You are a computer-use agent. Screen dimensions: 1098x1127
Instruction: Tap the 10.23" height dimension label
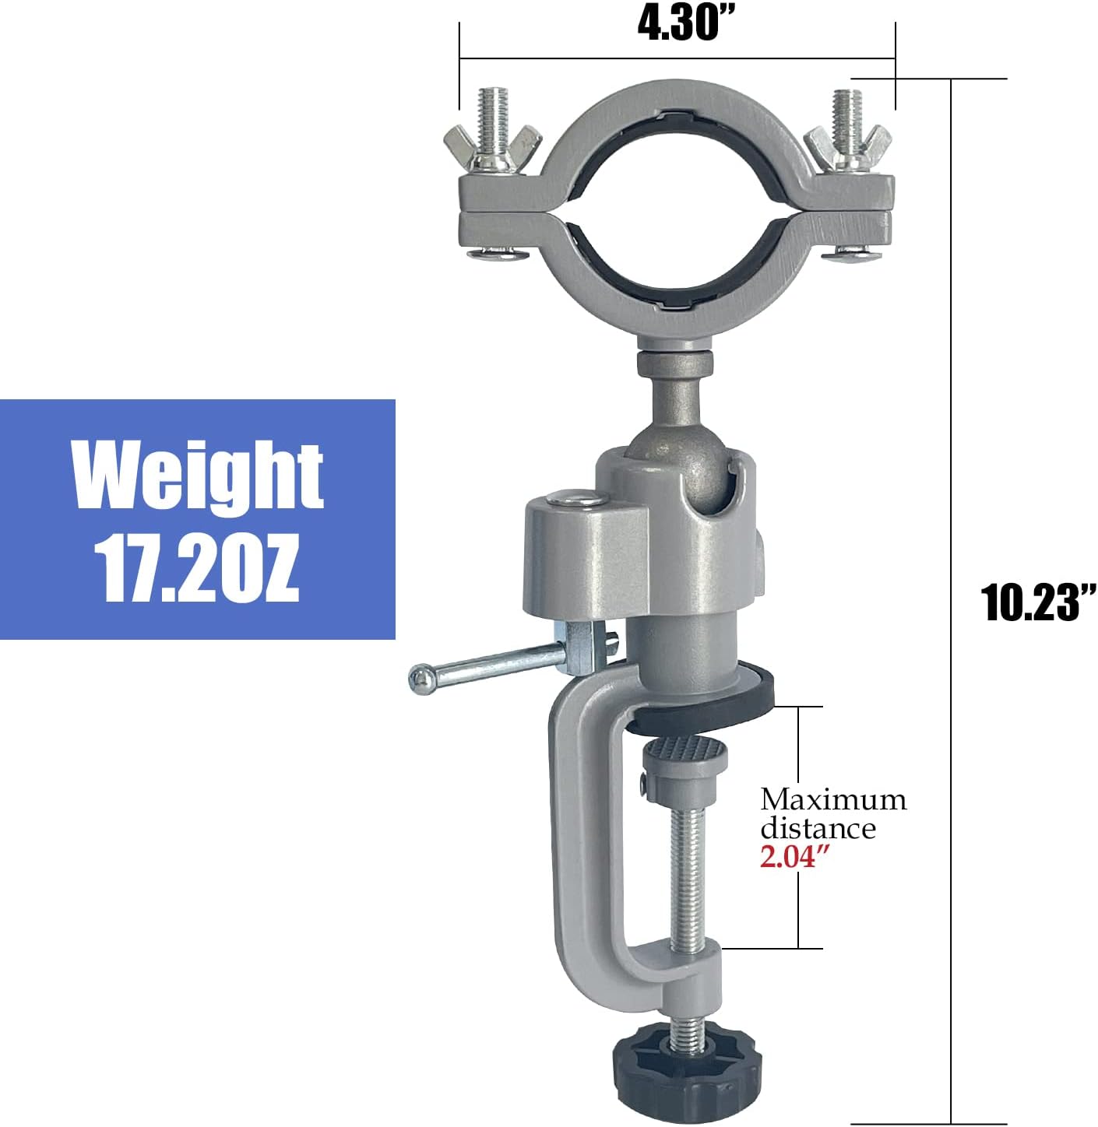[1038, 602]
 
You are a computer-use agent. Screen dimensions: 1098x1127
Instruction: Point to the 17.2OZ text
[197, 568]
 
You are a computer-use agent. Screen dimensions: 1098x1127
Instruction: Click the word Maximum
[833, 800]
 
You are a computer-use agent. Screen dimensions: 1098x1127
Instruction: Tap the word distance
[818, 828]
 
